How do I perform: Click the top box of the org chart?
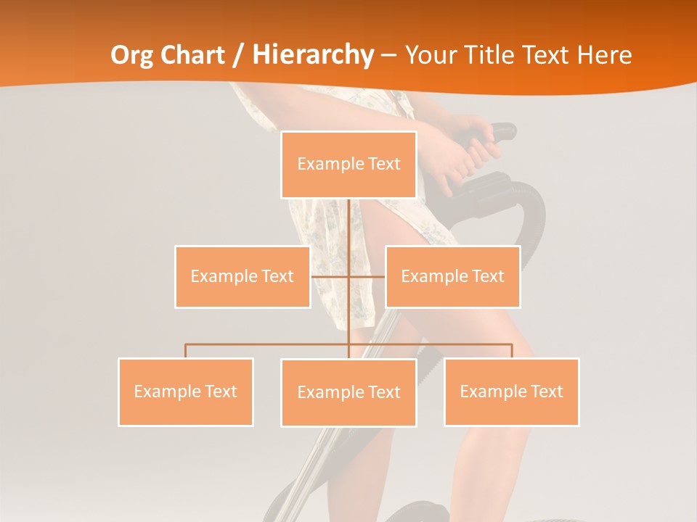[348, 165]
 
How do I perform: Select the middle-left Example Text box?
[242, 276]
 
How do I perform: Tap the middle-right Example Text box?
[452, 276]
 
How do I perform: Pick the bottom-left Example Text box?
[186, 391]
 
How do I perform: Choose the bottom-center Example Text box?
[348, 393]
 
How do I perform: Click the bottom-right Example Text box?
[512, 391]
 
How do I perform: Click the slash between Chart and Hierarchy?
[237, 55]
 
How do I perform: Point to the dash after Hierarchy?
[388, 55]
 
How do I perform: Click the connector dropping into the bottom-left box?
[186, 351]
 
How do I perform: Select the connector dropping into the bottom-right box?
[512, 351]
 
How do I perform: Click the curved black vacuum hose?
[534, 210]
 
